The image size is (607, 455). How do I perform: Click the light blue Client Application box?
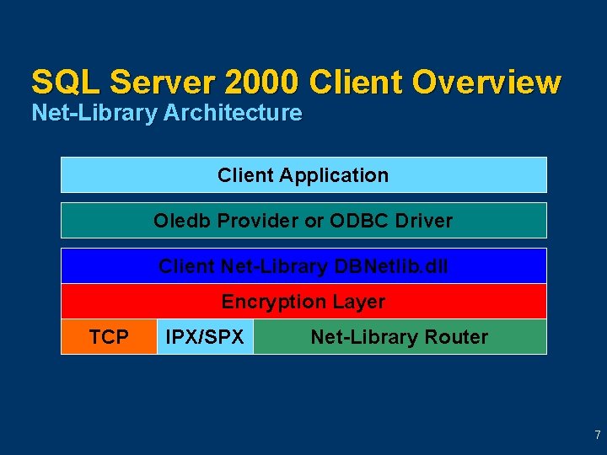[303, 175]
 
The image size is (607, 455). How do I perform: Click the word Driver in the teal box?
[421, 221]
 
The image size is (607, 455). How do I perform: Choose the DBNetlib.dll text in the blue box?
[391, 266]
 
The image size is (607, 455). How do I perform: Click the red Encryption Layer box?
[303, 302]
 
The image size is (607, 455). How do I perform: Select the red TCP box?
[109, 337]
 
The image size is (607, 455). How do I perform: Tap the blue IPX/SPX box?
[205, 337]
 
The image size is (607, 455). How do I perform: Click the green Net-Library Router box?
[400, 337]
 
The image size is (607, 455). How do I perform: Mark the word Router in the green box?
[456, 337]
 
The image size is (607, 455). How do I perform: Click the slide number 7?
[597, 436]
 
